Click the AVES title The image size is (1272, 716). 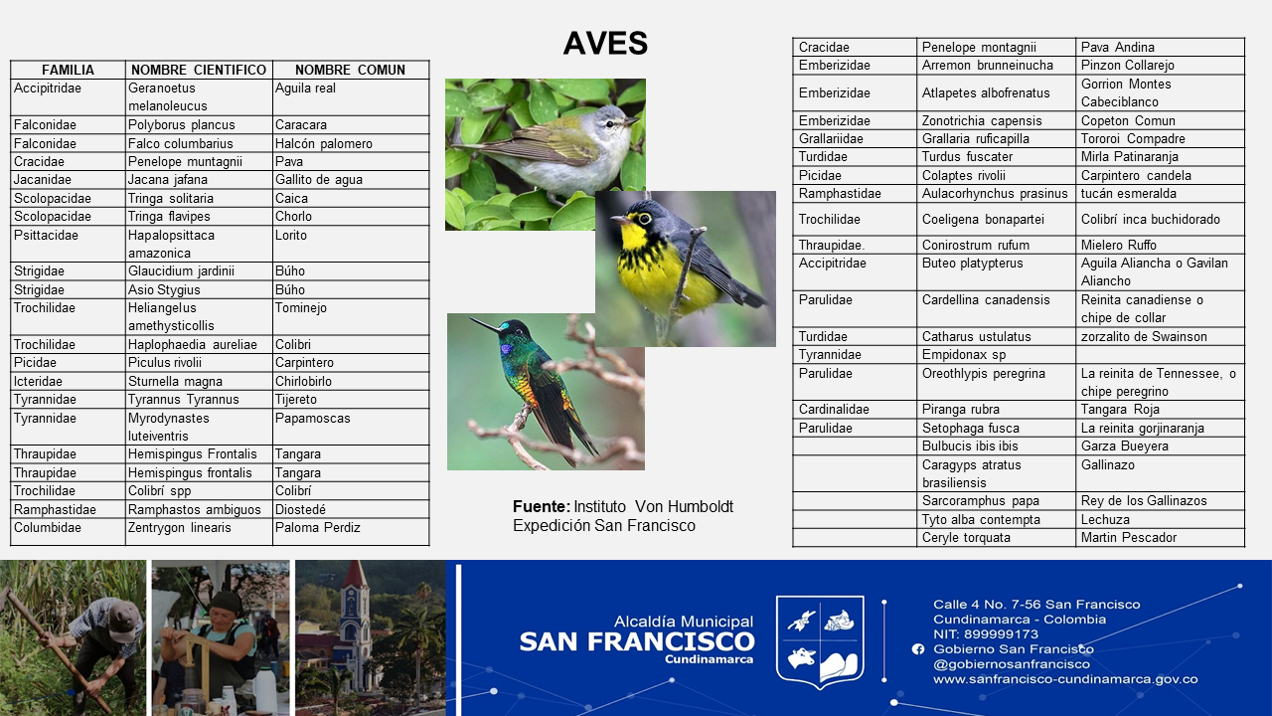pos(605,43)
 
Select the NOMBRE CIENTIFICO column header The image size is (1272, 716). pos(199,70)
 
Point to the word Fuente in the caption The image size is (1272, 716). pos(540,506)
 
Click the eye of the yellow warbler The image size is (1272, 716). pos(645,218)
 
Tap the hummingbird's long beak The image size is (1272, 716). pos(484,324)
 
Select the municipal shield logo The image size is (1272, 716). pos(820,641)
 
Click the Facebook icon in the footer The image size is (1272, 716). pos(917,649)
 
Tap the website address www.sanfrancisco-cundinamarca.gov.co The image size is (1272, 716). pos(1065,679)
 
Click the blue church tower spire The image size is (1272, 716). pos(356,580)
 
